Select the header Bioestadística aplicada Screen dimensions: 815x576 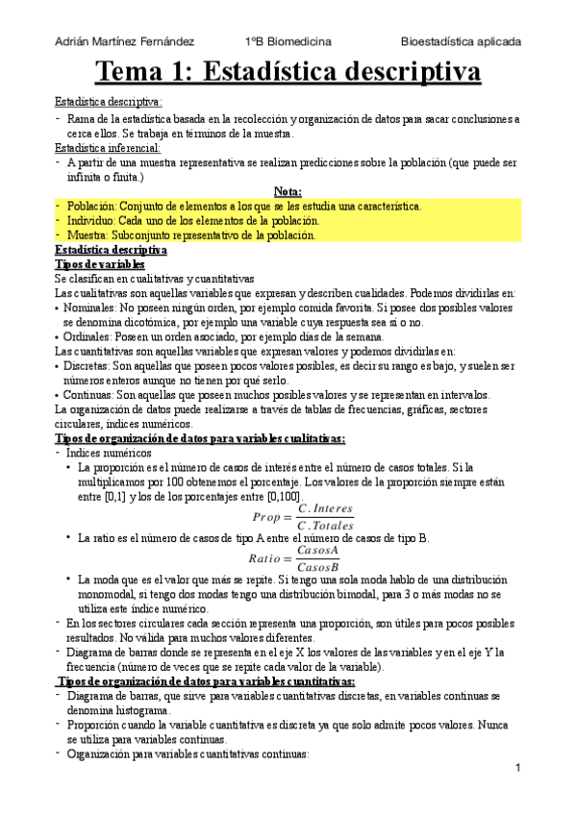462,42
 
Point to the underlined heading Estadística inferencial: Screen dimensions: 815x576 108,148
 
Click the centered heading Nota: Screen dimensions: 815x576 288,191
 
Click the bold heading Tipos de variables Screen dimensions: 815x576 100,263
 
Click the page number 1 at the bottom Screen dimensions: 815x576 517,769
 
